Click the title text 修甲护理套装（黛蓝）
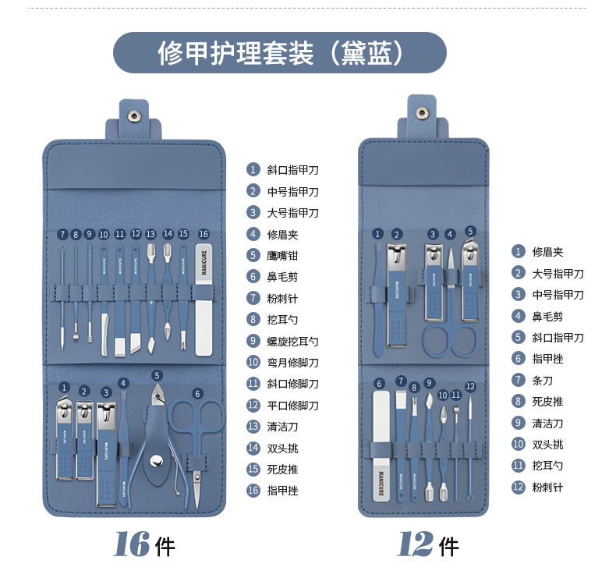pos(280,53)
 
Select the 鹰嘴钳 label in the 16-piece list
pos(282,255)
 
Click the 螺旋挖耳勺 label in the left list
pos(292,341)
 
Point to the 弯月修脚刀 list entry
pos(292,362)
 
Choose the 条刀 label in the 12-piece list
pos(542,380)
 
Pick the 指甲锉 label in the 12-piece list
pos(547,358)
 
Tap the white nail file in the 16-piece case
pos(204,300)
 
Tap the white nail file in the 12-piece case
pos(381,445)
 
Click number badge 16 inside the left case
pos(204,233)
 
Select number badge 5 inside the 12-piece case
pos(470,232)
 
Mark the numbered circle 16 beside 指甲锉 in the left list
pos(253,491)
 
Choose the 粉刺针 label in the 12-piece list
pos(547,487)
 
